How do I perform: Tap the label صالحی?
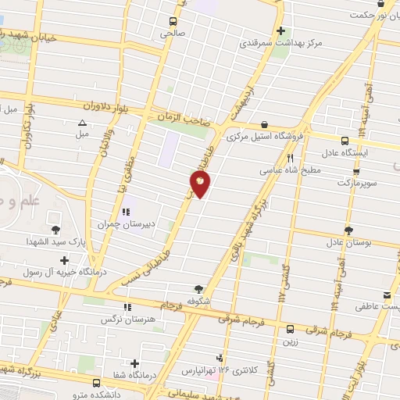pos(172,34)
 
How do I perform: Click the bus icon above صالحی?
pos(173,22)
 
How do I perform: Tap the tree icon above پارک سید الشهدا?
pos(55,230)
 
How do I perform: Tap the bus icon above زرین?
pos(290,329)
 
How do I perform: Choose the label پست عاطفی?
pos(380,307)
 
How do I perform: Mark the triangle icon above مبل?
pos(83,123)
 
